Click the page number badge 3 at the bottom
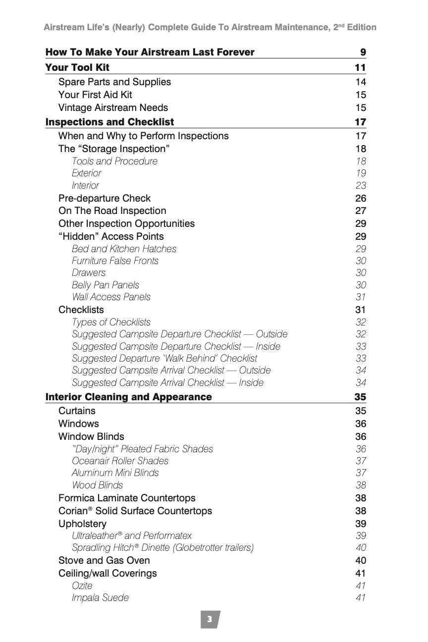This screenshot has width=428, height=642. coord(210,619)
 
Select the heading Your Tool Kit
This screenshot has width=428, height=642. coord(77,67)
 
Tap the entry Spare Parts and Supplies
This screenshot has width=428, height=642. coord(114,82)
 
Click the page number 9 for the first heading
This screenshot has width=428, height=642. coord(363,52)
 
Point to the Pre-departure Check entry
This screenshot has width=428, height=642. coord(104,198)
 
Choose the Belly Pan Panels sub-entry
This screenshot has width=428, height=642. coord(105,285)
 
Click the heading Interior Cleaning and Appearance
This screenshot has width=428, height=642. coord(128,397)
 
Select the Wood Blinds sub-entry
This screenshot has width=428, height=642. coord(97,485)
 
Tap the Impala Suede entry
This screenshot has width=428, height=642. coord(100,597)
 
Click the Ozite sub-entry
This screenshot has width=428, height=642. coord(82,586)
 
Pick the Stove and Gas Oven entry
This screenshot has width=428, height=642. coord(104,560)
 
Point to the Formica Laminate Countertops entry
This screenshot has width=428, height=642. coord(127,498)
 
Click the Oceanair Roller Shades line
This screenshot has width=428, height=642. coord(120,461)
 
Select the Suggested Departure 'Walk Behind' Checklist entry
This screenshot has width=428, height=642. coord(164,358)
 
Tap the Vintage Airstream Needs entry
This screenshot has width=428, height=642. coord(113,107)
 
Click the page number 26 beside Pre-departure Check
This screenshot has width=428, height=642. coord(361,198)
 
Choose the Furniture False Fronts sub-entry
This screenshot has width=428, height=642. coord(115,261)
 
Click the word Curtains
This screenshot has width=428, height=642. coord(77,411)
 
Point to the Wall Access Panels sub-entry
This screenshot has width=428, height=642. coord(111,297)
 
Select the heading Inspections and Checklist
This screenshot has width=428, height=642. coord(109,122)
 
